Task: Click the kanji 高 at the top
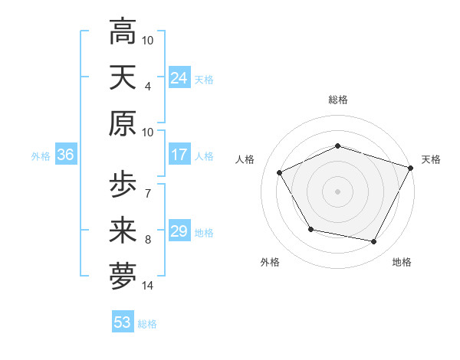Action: tap(123, 33)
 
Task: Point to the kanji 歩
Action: tap(123, 185)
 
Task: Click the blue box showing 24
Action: tap(179, 78)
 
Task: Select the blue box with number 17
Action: tap(179, 155)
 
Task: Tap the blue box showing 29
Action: tap(179, 231)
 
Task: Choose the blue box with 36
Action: tap(65, 155)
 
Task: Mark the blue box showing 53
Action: tap(123, 322)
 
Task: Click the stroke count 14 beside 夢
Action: tap(148, 286)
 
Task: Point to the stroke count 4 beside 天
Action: tap(148, 87)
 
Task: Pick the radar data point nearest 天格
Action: tap(412, 168)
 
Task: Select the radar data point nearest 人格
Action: tap(279, 172)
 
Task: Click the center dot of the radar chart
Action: tap(338, 191)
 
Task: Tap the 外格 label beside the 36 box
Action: tap(41, 155)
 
